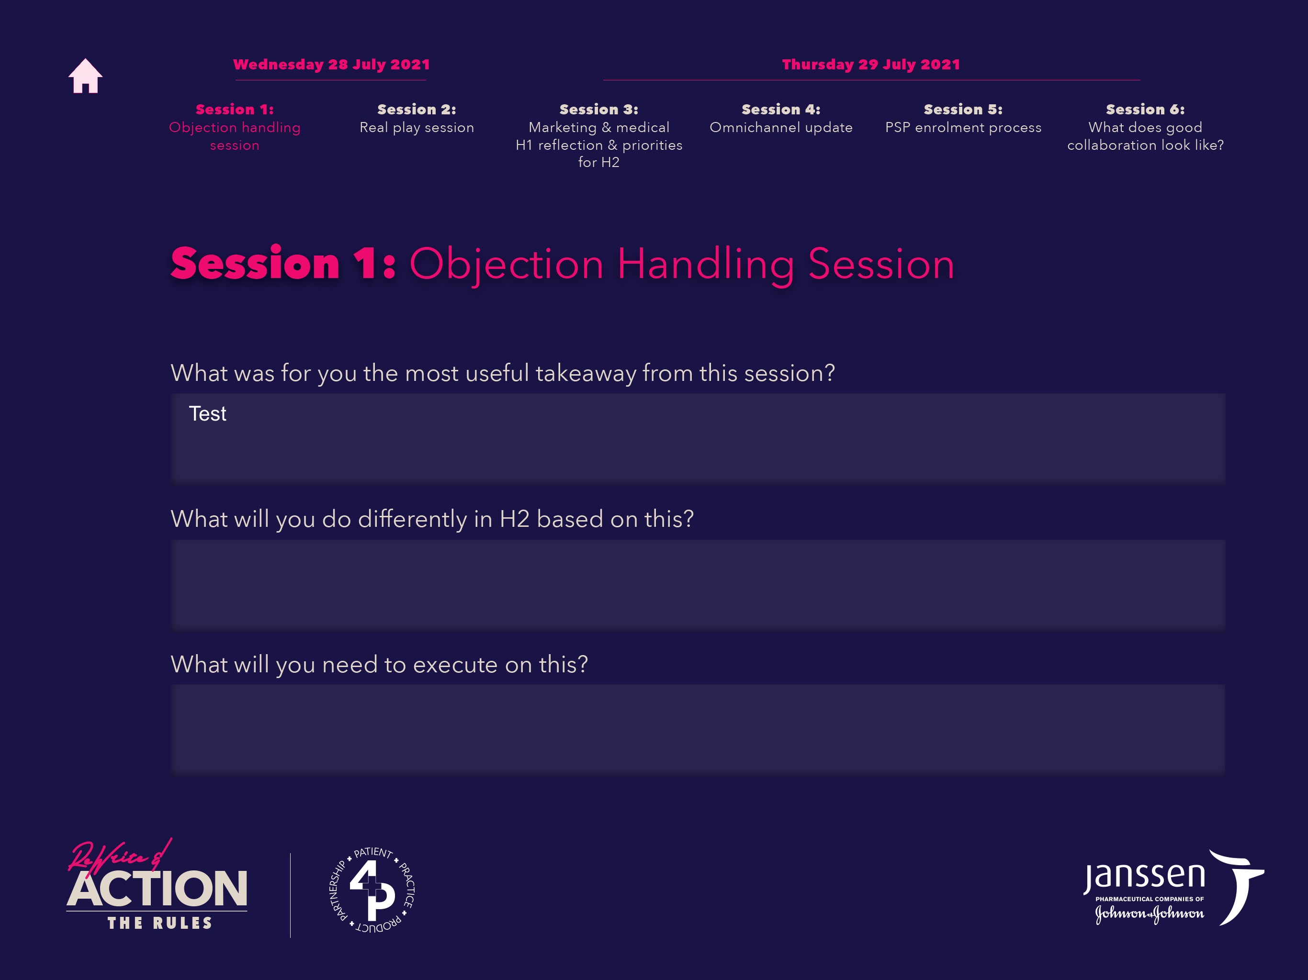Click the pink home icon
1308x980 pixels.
click(x=85, y=76)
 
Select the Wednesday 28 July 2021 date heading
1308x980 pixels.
click(x=331, y=65)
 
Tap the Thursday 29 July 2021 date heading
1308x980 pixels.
click(x=871, y=65)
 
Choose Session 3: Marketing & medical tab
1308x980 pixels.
click(x=599, y=135)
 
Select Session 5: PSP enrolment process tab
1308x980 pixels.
click(x=963, y=118)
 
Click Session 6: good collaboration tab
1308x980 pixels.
click(x=1145, y=127)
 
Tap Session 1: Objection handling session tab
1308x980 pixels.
click(x=235, y=127)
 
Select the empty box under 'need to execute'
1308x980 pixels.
click(x=698, y=729)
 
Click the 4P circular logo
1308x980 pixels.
click(x=372, y=890)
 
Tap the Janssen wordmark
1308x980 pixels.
click(x=1144, y=877)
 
